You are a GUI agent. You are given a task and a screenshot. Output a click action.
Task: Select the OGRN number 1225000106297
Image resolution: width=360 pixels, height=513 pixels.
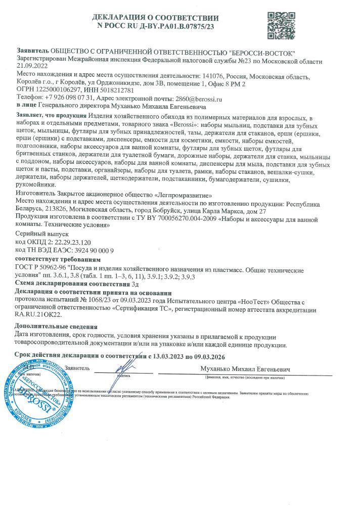coord(58,90)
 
